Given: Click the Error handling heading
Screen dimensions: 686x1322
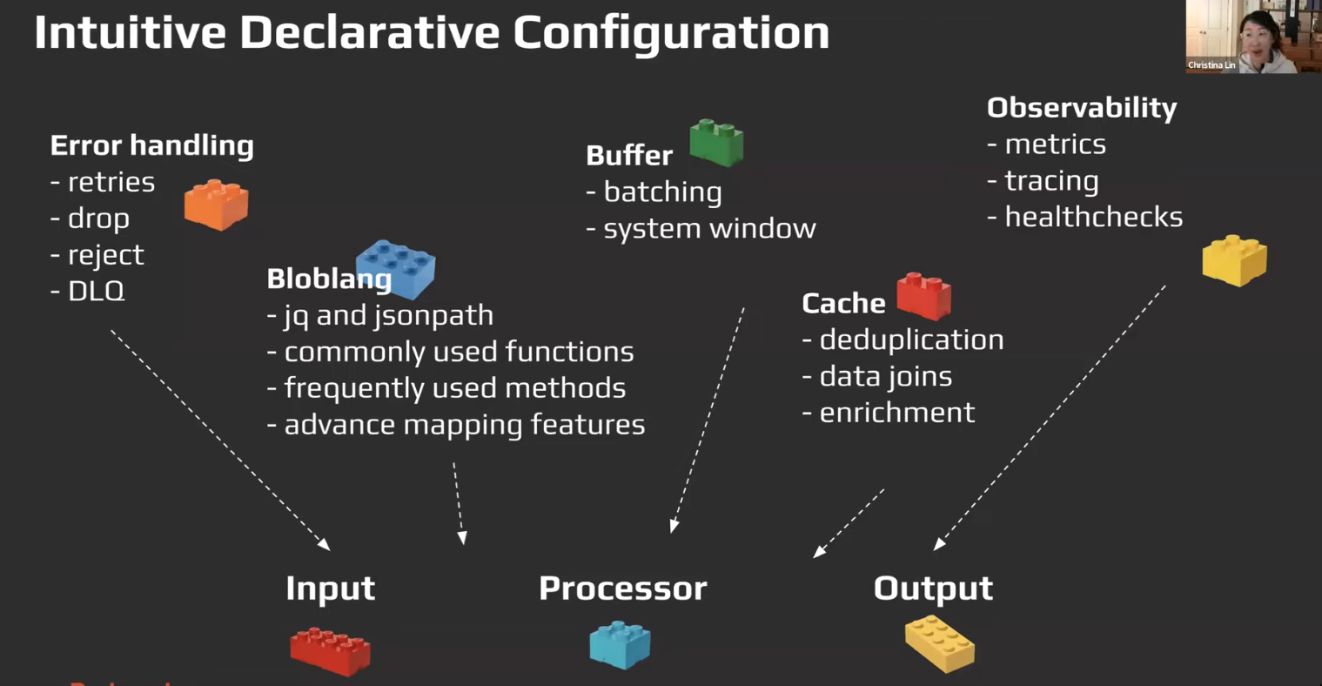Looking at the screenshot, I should pyautogui.click(x=151, y=145).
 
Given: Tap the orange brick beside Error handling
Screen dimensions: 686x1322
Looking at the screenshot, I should pyautogui.click(x=216, y=205).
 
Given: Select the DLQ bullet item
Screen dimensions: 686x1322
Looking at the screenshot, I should pyautogui.click(x=96, y=291).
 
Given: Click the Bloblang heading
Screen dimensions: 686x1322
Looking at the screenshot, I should pyautogui.click(x=328, y=279).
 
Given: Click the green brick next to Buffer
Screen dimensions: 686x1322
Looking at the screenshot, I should pyautogui.click(x=716, y=143).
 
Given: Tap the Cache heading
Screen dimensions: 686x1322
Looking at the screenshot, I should pyautogui.click(x=842, y=303).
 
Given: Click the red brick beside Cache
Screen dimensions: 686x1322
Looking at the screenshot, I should pyautogui.click(x=923, y=295).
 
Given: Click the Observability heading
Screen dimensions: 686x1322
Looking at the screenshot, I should pyautogui.click(x=1081, y=108).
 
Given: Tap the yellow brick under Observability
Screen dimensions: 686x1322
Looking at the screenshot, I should pyautogui.click(x=1234, y=259).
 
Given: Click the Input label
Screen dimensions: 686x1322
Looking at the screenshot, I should pyautogui.click(x=330, y=588).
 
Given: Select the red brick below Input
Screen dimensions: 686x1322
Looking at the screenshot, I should pyautogui.click(x=330, y=650).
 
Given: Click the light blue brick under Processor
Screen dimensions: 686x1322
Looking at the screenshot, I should pyautogui.click(x=620, y=645).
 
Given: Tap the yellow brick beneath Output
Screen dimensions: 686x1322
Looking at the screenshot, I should pyautogui.click(x=939, y=643).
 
